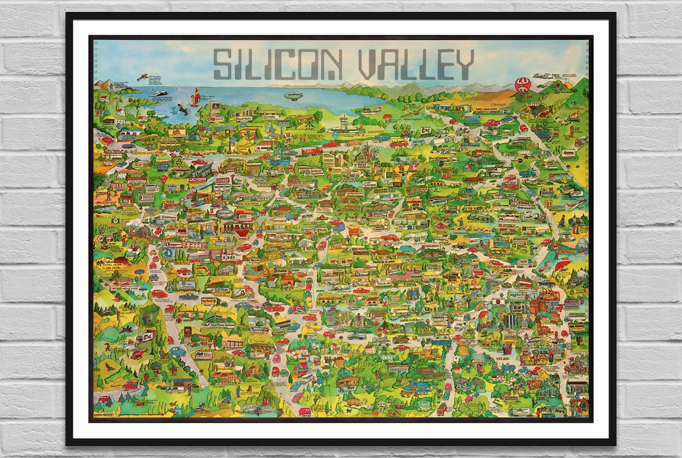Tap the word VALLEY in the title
pos(416,64)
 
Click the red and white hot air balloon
pos(523,85)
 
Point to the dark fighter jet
pos(182,109)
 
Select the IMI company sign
pos(203,355)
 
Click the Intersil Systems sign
pos(304,170)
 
